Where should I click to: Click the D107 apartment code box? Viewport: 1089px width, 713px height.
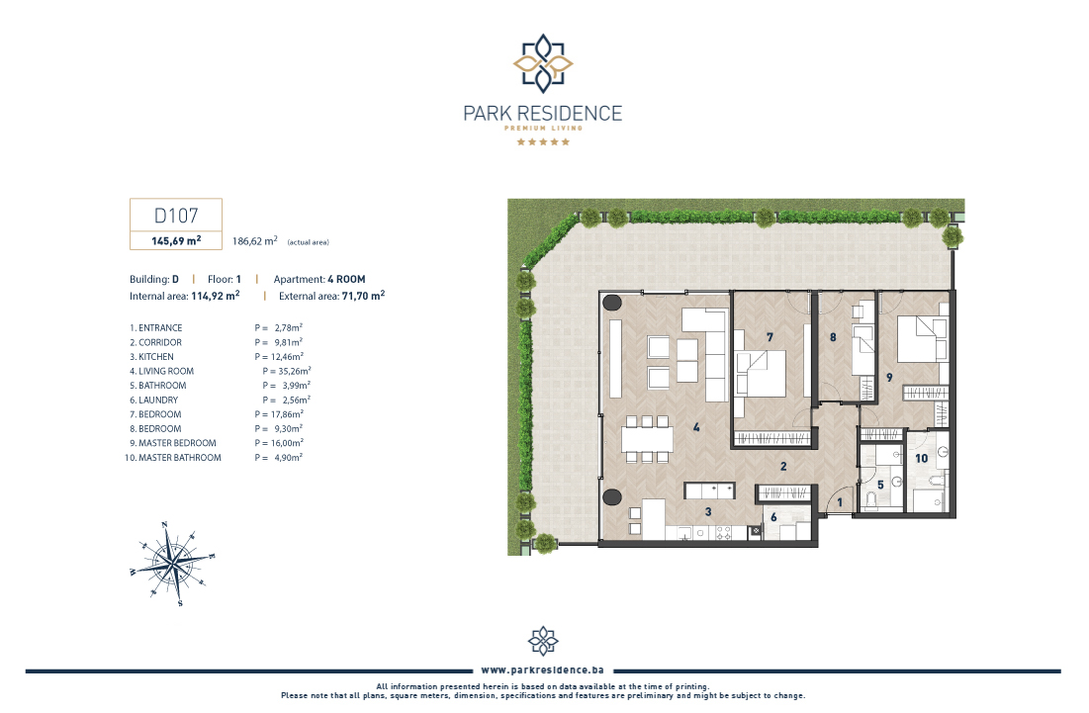(x=176, y=223)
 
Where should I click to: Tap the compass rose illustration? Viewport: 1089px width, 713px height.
(x=174, y=563)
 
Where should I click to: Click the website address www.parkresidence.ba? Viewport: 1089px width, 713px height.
(x=542, y=669)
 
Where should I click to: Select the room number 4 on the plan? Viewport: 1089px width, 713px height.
(x=696, y=427)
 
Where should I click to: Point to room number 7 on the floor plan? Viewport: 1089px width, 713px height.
(x=770, y=336)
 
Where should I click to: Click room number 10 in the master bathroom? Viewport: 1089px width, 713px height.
(x=921, y=458)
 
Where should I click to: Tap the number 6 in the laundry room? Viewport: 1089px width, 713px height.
(x=773, y=517)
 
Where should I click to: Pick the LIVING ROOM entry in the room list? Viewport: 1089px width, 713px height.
(x=162, y=372)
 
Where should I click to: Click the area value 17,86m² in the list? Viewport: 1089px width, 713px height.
(x=287, y=414)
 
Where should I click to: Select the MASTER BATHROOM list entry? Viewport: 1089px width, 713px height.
(x=173, y=458)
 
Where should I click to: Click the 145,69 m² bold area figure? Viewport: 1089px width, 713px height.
(x=176, y=241)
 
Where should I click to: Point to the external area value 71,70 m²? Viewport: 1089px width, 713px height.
(x=363, y=296)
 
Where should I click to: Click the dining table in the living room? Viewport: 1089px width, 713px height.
(x=647, y=439)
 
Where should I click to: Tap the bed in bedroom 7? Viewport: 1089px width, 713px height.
(x=761, y=374)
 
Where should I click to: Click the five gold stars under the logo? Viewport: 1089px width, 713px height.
(x=543, y=141)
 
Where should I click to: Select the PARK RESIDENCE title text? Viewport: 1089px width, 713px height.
(x=542, y=113)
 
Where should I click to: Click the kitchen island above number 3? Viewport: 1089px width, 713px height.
(x=709, y=490)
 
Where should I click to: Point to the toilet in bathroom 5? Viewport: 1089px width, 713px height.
(x=871, y=499)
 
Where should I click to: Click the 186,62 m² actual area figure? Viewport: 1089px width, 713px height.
(x=255, y=241)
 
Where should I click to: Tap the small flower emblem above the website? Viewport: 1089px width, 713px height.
(x=543, y=641)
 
